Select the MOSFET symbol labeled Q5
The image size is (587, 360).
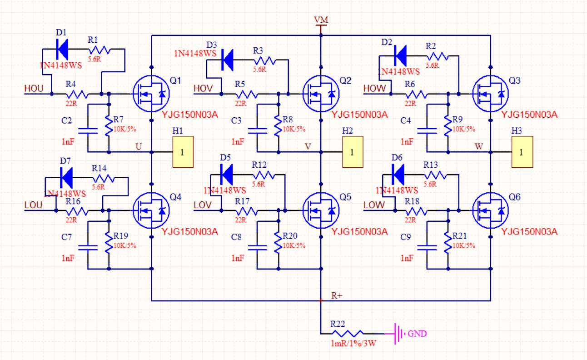(x=321, y=210)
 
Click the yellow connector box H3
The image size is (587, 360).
(x=522, y=152)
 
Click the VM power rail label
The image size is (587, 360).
(x=321, y=21)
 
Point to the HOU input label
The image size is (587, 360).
(x=34, y=89)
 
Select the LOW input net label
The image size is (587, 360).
(x=373, y=205)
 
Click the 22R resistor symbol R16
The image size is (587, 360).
(x=78, y=210)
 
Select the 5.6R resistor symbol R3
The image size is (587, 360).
(x=264, y=60)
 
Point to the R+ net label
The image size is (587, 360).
(x=337, y=296)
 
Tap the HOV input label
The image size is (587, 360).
(x=203, y=89)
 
